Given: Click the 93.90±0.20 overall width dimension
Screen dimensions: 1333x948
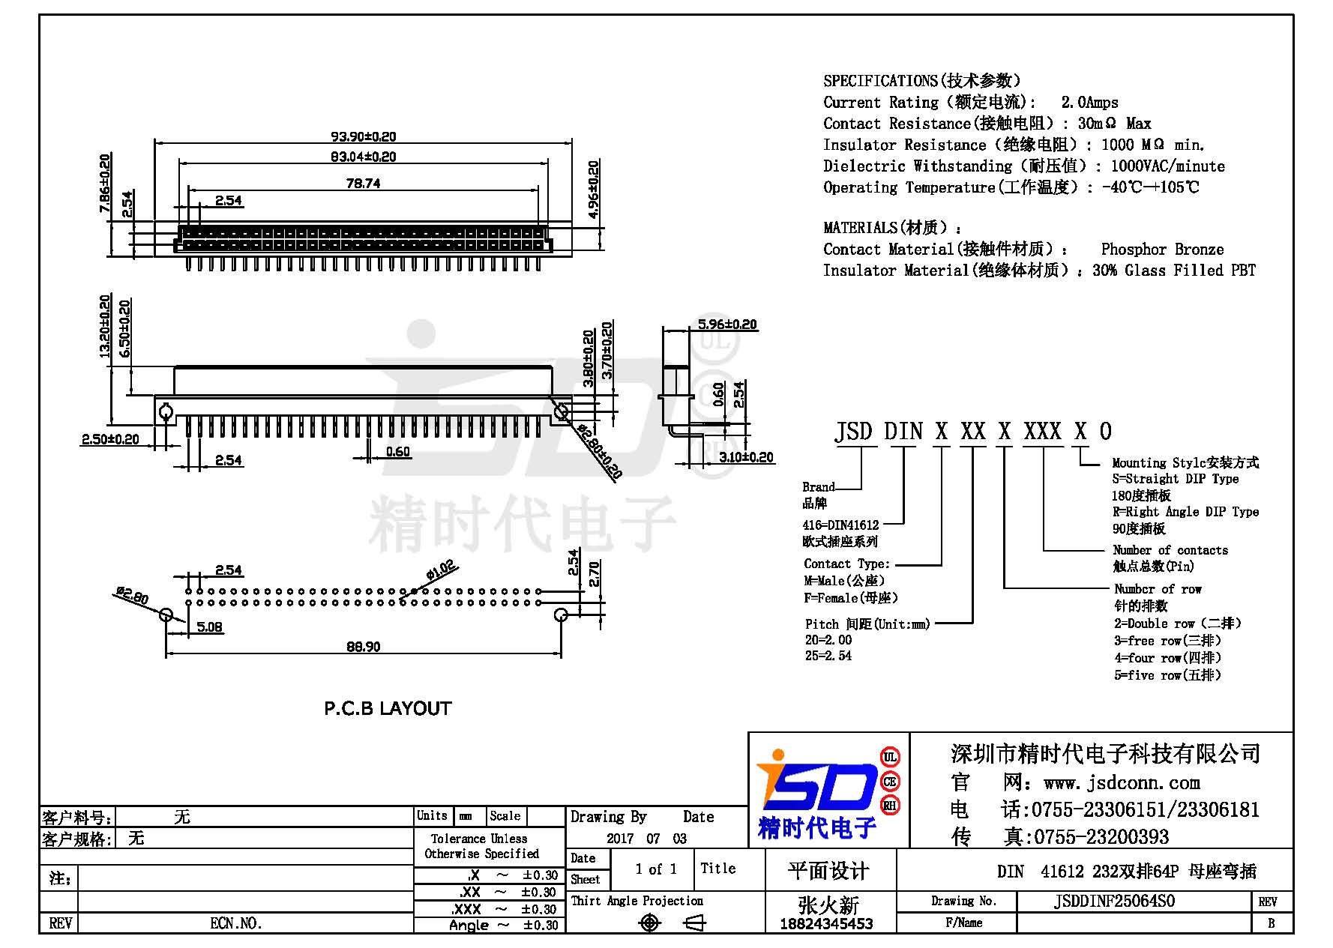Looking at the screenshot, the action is click(364, 136).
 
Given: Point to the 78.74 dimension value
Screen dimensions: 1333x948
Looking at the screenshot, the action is click(363, 183).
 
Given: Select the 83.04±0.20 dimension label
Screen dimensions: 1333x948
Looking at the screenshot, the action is click(364, 157).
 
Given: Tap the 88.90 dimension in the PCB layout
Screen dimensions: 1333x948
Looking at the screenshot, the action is click(363, 646).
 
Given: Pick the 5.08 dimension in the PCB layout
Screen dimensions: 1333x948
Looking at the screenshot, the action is click(210, 627).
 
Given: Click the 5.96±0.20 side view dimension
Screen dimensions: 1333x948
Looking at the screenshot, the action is click(727, 324).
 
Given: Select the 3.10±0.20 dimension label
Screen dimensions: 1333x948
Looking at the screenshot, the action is click(746, 456).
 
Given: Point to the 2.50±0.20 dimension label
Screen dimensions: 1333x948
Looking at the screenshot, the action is click(110, 439).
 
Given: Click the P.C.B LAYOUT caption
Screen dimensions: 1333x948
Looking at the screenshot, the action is click(388, 708).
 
